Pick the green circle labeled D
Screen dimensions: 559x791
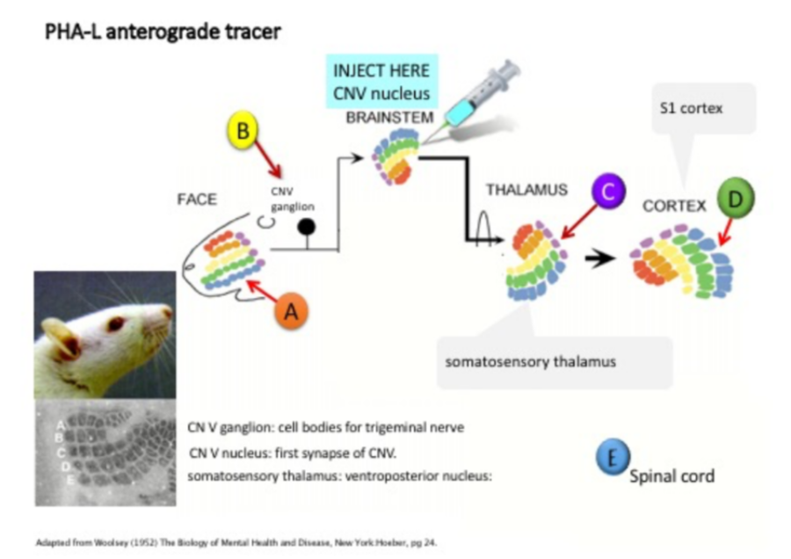[736, 200]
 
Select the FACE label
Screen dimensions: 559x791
[196, 200]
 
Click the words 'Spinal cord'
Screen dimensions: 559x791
[671, 476]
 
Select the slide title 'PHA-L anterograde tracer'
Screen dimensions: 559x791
[163, 33]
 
